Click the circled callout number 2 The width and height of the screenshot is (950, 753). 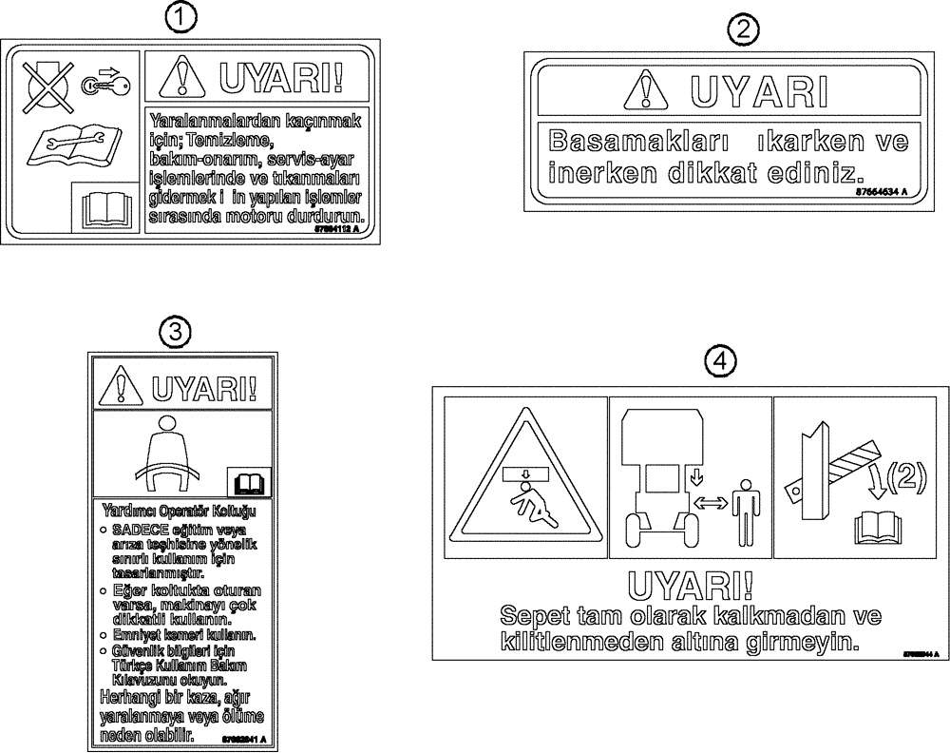coord(743,30)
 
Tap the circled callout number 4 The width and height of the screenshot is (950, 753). coord(721,360)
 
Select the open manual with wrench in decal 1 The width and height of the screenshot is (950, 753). coord(70,145)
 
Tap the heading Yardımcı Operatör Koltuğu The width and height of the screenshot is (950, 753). coord(177,510)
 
